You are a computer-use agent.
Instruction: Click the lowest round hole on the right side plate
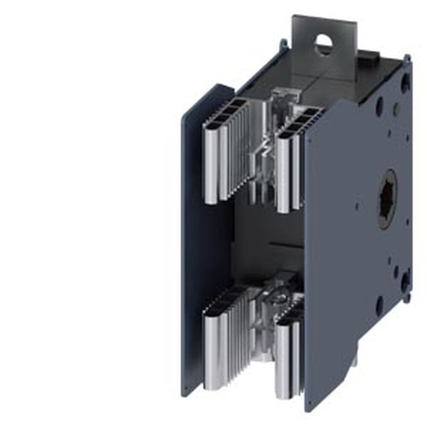coord(379,304)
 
